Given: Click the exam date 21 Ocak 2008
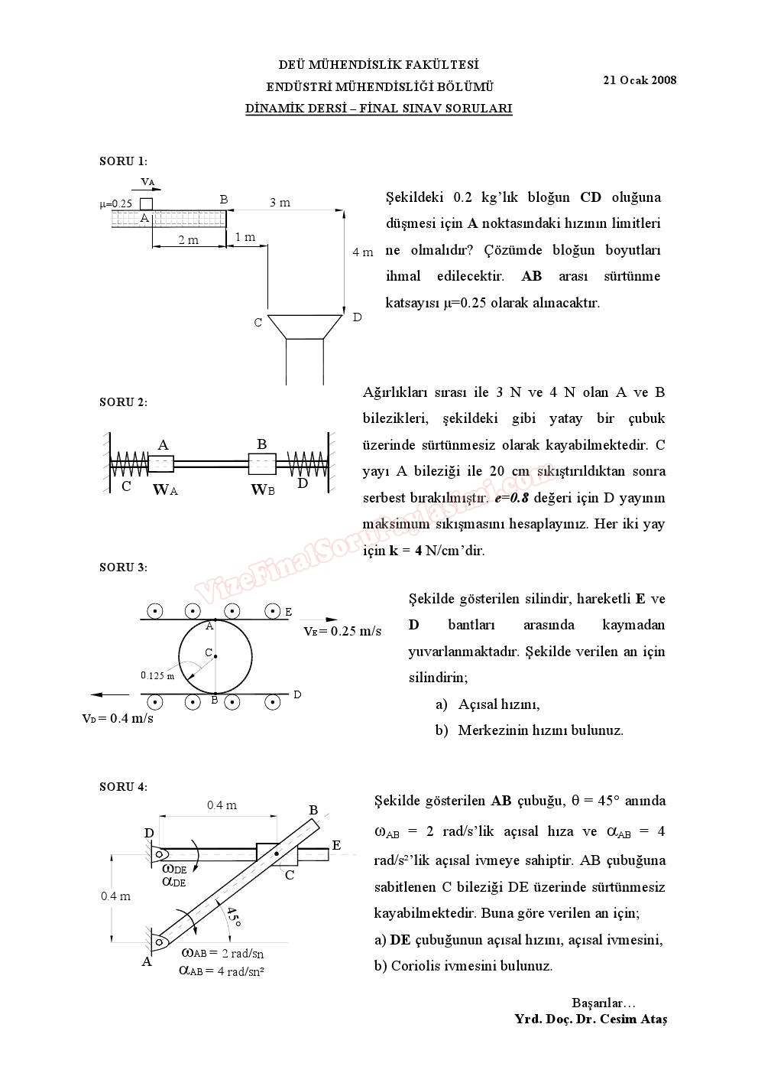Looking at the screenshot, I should pos(639,80).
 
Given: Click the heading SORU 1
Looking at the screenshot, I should pos(123,161).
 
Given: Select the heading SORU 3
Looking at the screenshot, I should pos(123,567).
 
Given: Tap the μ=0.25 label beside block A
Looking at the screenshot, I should pos(116,204).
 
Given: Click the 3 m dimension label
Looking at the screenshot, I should pos(280,203).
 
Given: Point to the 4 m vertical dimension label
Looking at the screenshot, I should pos(363,252).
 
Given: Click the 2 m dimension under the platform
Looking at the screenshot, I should pos(188,240).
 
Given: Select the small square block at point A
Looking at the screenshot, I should pos(146,203).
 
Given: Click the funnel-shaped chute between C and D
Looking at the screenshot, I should pos(304,325).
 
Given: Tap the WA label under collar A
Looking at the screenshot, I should pos(165,490).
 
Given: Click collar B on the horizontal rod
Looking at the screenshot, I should pos(262,463).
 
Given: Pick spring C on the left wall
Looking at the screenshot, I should pos(129,463).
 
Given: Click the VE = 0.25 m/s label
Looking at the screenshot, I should pos(342,631).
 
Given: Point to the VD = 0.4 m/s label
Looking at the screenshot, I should pos(118,718).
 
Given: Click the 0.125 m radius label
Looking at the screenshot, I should pos(157,675).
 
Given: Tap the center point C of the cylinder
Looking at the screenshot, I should pos(215,655).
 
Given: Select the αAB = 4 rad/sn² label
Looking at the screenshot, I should pos(222,971).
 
